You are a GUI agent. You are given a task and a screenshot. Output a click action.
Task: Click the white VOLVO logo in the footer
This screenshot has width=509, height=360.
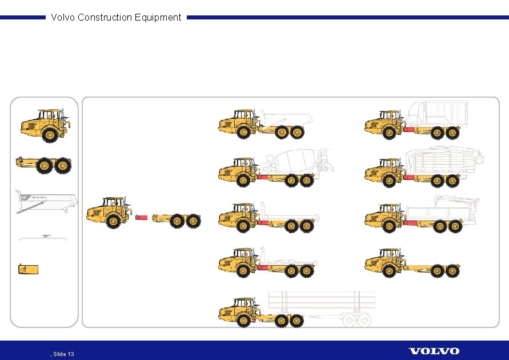click(x=434, y=351)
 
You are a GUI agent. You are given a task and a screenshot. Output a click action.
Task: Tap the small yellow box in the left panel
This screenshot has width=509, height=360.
click(x=29, y=269)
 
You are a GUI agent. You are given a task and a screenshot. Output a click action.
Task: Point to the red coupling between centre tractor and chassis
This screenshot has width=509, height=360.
click(x=141, y=218)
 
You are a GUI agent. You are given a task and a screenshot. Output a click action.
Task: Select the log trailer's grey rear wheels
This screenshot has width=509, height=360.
click(x=357, y=322)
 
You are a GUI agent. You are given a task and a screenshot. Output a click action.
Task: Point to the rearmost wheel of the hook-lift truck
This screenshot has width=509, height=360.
click(x=307, y=271)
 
